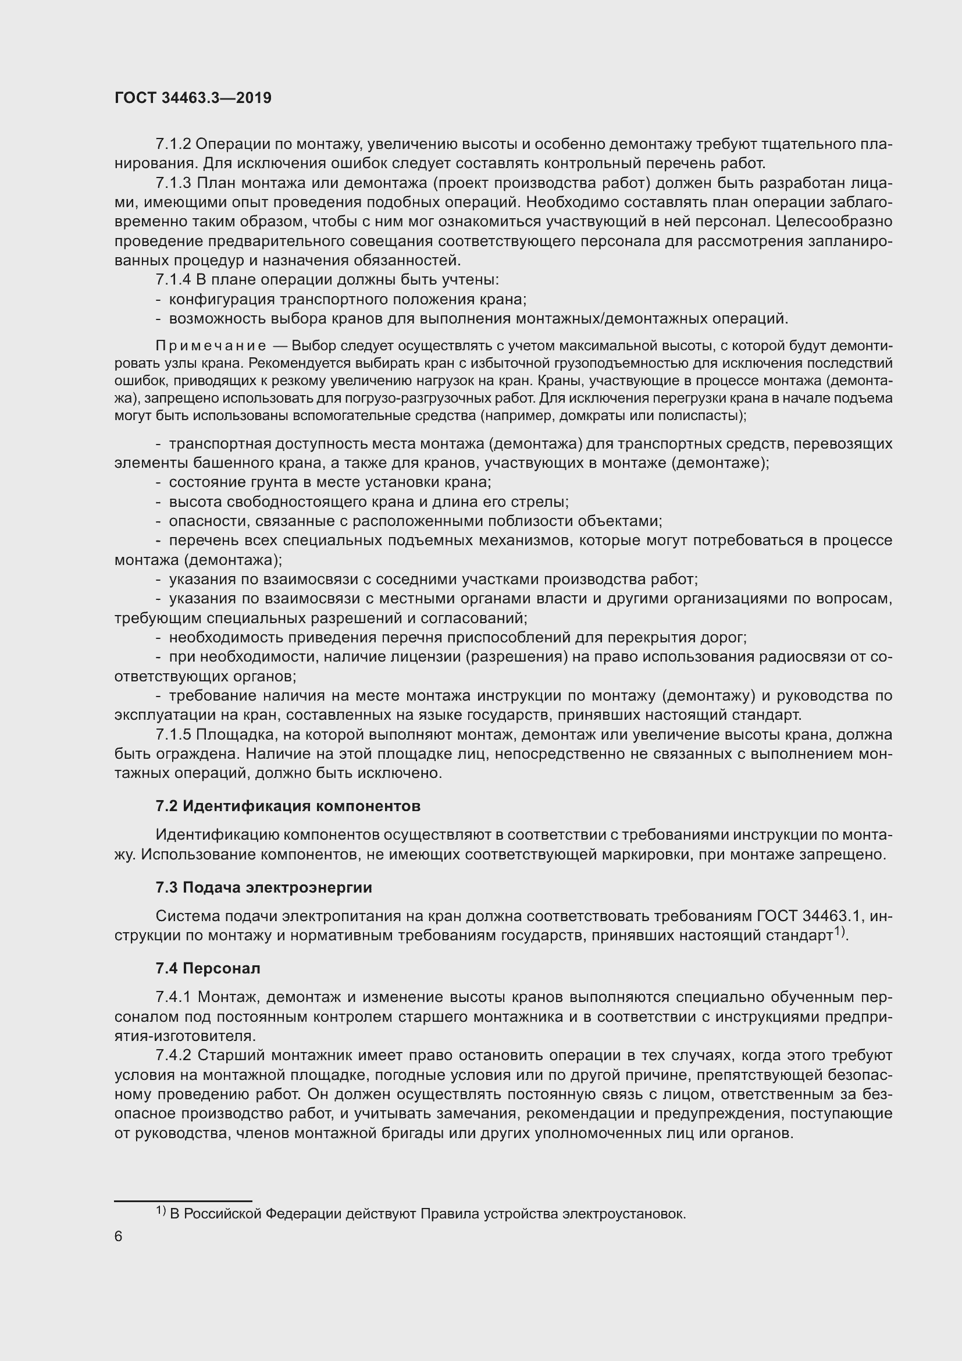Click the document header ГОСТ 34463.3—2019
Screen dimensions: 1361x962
click(193, 98)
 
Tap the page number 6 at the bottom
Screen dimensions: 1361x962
click(119, 1236)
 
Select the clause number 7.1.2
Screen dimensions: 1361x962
click(173, 144)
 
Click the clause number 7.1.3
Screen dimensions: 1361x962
click(173, 183)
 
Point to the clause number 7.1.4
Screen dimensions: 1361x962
click(173, 280)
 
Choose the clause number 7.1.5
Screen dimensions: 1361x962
click(173, 734)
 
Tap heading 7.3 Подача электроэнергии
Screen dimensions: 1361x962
click(263, 887)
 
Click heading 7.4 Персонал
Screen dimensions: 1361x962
click(208, 969)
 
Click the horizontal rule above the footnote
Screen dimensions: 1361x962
click(183, 1201)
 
